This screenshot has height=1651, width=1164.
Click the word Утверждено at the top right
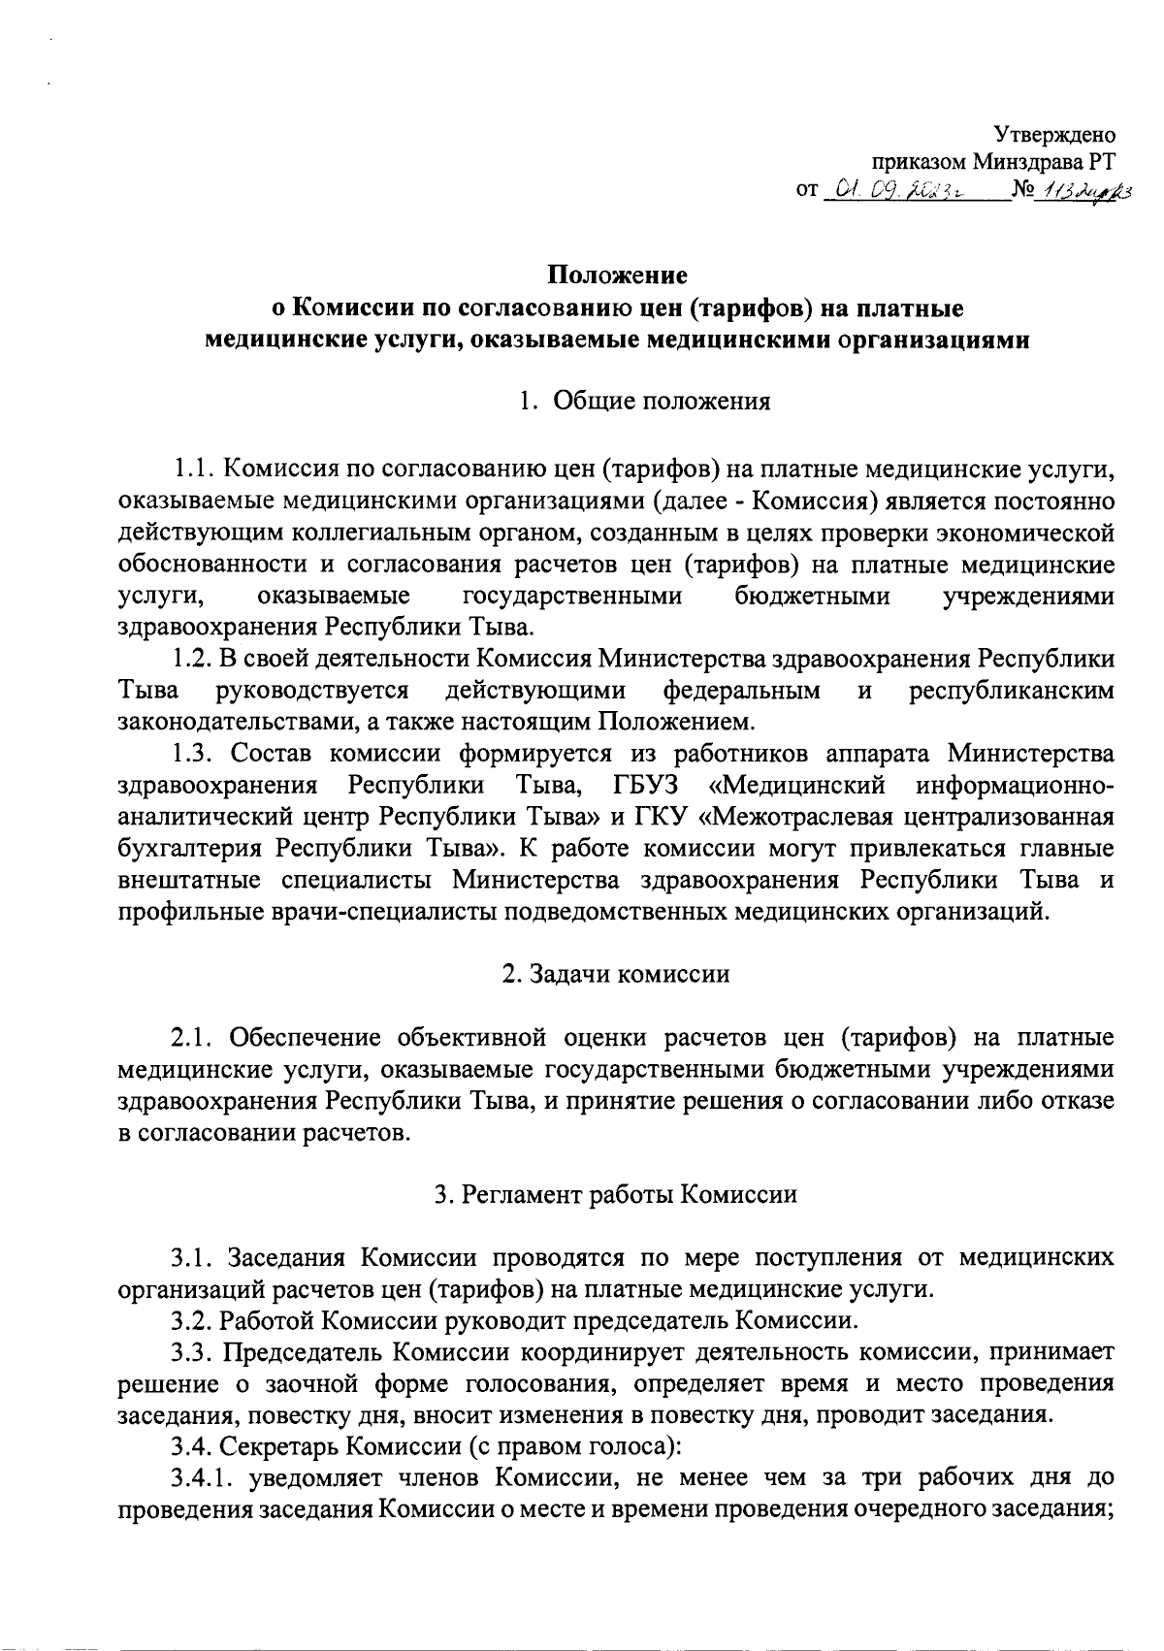[x=1055, y=135]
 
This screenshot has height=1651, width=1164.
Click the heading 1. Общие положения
[x=644, y=402]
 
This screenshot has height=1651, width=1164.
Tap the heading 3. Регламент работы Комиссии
[x=616, y=1194]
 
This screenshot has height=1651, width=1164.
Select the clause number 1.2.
[x=193, y=659]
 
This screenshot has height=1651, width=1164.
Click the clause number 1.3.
[x=193, y=753]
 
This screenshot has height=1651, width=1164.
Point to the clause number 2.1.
[x=193, y=1038]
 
